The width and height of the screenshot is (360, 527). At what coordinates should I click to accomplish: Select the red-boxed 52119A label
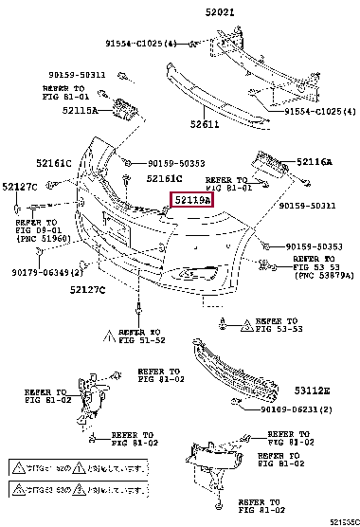point(190,200)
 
